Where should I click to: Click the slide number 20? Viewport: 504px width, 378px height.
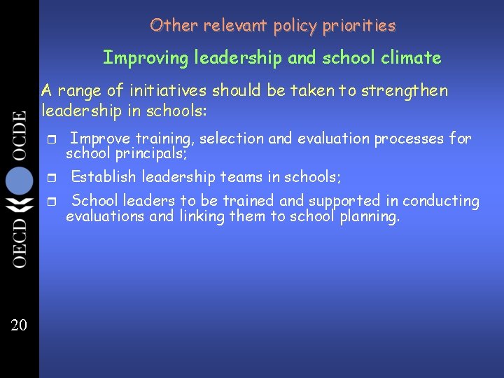click(20, 323)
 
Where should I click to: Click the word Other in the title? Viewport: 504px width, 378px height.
click(164, 26)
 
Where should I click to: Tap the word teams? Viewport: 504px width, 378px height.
click(241, 176)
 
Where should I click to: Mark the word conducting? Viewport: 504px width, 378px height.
click(440, 201)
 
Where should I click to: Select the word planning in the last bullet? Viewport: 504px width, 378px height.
click(369, 217)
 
